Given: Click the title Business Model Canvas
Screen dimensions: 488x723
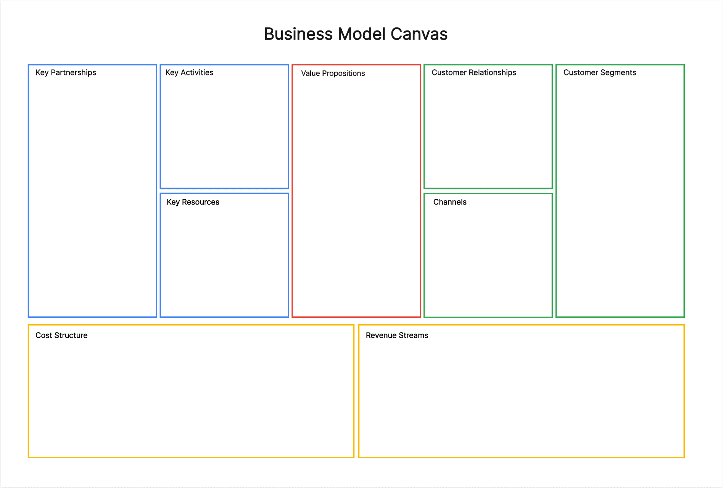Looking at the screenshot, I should [355, 34].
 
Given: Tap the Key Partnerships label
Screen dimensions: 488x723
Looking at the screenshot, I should [66, 73].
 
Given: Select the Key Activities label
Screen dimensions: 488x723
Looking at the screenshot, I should [189, 73].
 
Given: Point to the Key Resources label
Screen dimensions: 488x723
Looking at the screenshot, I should [193, 202].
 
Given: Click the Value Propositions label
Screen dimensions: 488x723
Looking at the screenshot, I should [333, 74].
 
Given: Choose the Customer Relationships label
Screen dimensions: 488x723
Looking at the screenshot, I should [473, 73].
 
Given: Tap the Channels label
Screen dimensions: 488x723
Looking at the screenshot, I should [449, 202].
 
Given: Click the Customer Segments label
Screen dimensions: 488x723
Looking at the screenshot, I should [599, 73].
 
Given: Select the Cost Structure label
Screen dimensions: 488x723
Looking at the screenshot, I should [61, 336].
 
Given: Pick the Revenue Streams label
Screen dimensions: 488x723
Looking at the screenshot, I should [397, 336].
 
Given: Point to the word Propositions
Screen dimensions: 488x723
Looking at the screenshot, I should [343, 74].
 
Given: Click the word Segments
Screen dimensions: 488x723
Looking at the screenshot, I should [618, 73].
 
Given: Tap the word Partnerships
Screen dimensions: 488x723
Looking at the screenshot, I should [73, 73].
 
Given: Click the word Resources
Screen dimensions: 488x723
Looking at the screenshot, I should [200, 202].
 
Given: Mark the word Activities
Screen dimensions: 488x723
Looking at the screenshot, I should [197, 73].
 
